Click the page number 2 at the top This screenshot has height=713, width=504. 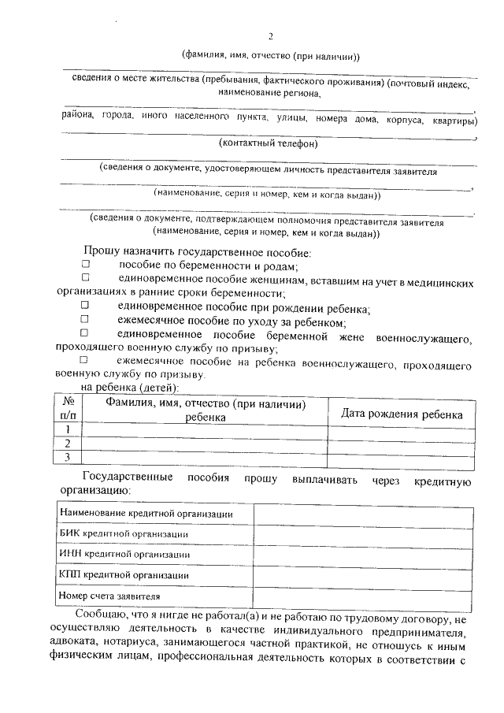pyautogui.click(x=270, y=37)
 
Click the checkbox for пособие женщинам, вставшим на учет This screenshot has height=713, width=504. pyautogui.click(x=86, y=279)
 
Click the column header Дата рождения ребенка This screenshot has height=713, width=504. pyautogui.click(x=401, y=414)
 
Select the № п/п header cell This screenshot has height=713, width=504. pyautogui.click(x=69, y=408)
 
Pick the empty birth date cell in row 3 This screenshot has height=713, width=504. pyautogui.click(x=401, y=457)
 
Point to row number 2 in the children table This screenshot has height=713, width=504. pyautogui.click(x=69, y=443)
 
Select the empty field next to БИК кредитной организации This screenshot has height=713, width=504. pyautogui.click(x=363, y=534)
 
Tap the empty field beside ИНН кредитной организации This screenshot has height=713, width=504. pyautogui.click(x=363, y=555)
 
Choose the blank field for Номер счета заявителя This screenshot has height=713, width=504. pyautogui.click(x=363, y=596)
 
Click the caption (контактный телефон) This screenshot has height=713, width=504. pyautogui.click(x=269, y=144)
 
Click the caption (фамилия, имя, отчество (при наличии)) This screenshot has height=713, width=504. pyautogui.click(x=270, y=56)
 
